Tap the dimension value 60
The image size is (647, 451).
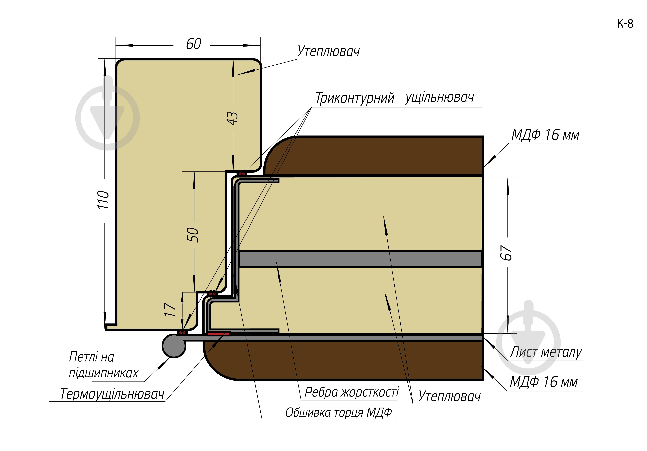pos(194,44)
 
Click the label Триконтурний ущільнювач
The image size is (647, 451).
pos(395,98)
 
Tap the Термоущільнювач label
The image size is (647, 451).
pos(112,394)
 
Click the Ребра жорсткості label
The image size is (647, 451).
pos(352,392)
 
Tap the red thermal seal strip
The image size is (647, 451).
pos(218,334)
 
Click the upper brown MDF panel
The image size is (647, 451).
pos(375,156)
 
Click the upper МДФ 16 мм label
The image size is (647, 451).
pos(545,135)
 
